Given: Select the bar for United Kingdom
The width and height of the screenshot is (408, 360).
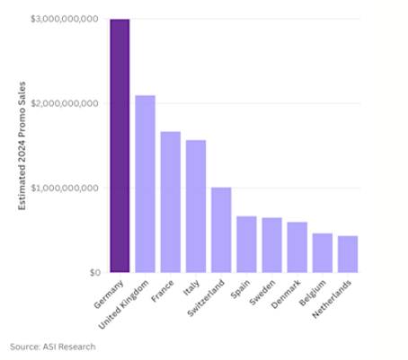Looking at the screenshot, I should click(x=145, y=184).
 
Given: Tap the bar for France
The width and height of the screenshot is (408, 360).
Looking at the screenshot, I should click(x=171, y=202).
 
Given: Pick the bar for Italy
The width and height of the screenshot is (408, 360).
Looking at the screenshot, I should click(x=196, y=206).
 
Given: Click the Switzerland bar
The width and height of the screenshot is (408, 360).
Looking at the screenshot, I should click(x=221, y=230).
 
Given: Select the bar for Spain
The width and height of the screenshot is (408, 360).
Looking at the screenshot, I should click(x=246, y=244).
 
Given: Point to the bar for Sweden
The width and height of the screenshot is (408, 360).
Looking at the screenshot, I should click(x=271, y=245).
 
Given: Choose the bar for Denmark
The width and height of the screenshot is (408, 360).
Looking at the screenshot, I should click(x=297, y=247).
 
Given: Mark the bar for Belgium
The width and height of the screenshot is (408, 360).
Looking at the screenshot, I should click(x=322, y=253).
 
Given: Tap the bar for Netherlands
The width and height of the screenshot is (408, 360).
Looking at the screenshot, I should click(x=347, y=254).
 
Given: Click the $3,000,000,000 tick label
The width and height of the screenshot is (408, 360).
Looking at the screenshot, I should click(x=65, y=19).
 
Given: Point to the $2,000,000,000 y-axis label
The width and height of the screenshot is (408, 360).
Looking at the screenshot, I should click(x=65, y=103).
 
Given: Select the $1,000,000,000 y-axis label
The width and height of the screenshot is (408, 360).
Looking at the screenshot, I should click(x=65, y=188).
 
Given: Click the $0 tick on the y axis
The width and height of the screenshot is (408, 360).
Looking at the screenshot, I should click(x=93, y=272).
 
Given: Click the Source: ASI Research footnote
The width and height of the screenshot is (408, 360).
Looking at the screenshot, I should click(x=52, y=346).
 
